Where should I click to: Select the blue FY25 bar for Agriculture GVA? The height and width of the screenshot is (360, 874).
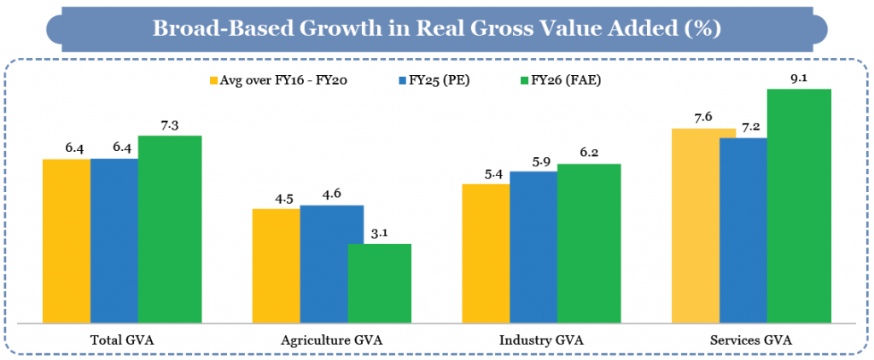coord(332,264)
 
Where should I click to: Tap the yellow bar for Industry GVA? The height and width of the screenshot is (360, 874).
coord(487,253)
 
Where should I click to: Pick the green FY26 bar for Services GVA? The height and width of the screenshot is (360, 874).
coord(799,206)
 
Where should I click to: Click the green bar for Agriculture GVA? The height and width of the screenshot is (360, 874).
coord(379,283)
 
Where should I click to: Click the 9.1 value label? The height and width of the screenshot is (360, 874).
coord(799,77)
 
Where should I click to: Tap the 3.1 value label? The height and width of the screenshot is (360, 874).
coord(379,232)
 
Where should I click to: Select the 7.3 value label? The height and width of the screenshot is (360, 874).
coord(170,124)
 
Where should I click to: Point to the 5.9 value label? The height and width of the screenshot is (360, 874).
coord(534,160)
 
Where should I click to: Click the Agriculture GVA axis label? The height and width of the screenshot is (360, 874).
coord(332,340)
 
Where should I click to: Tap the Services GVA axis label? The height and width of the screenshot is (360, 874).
coord(752,340)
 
